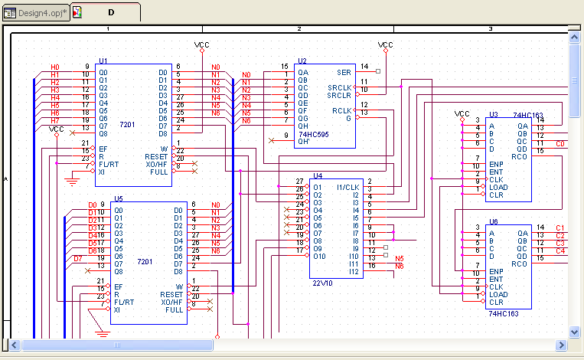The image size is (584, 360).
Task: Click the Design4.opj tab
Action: pos(35,12)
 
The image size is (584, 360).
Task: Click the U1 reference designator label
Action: pos(103,60)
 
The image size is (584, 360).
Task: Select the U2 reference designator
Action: pos(302,60)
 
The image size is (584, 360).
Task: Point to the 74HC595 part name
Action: pos(313,133)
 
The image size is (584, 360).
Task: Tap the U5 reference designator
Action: pos(118,198)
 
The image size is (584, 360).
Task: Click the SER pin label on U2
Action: pos(343,73)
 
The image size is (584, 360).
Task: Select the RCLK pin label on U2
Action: pos(341,110)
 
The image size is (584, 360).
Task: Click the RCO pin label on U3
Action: pos(520,157)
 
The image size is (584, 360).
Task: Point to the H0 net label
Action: pos(55,67)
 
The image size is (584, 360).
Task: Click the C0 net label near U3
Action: pos(560,143)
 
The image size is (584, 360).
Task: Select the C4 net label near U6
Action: pos(560,250)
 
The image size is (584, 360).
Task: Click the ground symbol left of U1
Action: pos(73,181)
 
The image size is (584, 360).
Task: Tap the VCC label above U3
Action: pos(462,113)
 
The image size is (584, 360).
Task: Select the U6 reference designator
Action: pos(494,221)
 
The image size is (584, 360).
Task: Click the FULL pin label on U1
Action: pos(159,172)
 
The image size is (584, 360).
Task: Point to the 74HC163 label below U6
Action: pos(503,313)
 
